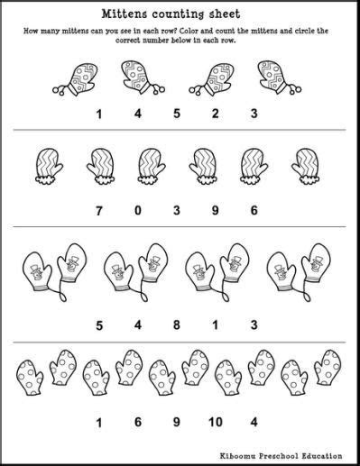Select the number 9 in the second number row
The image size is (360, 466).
222,209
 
